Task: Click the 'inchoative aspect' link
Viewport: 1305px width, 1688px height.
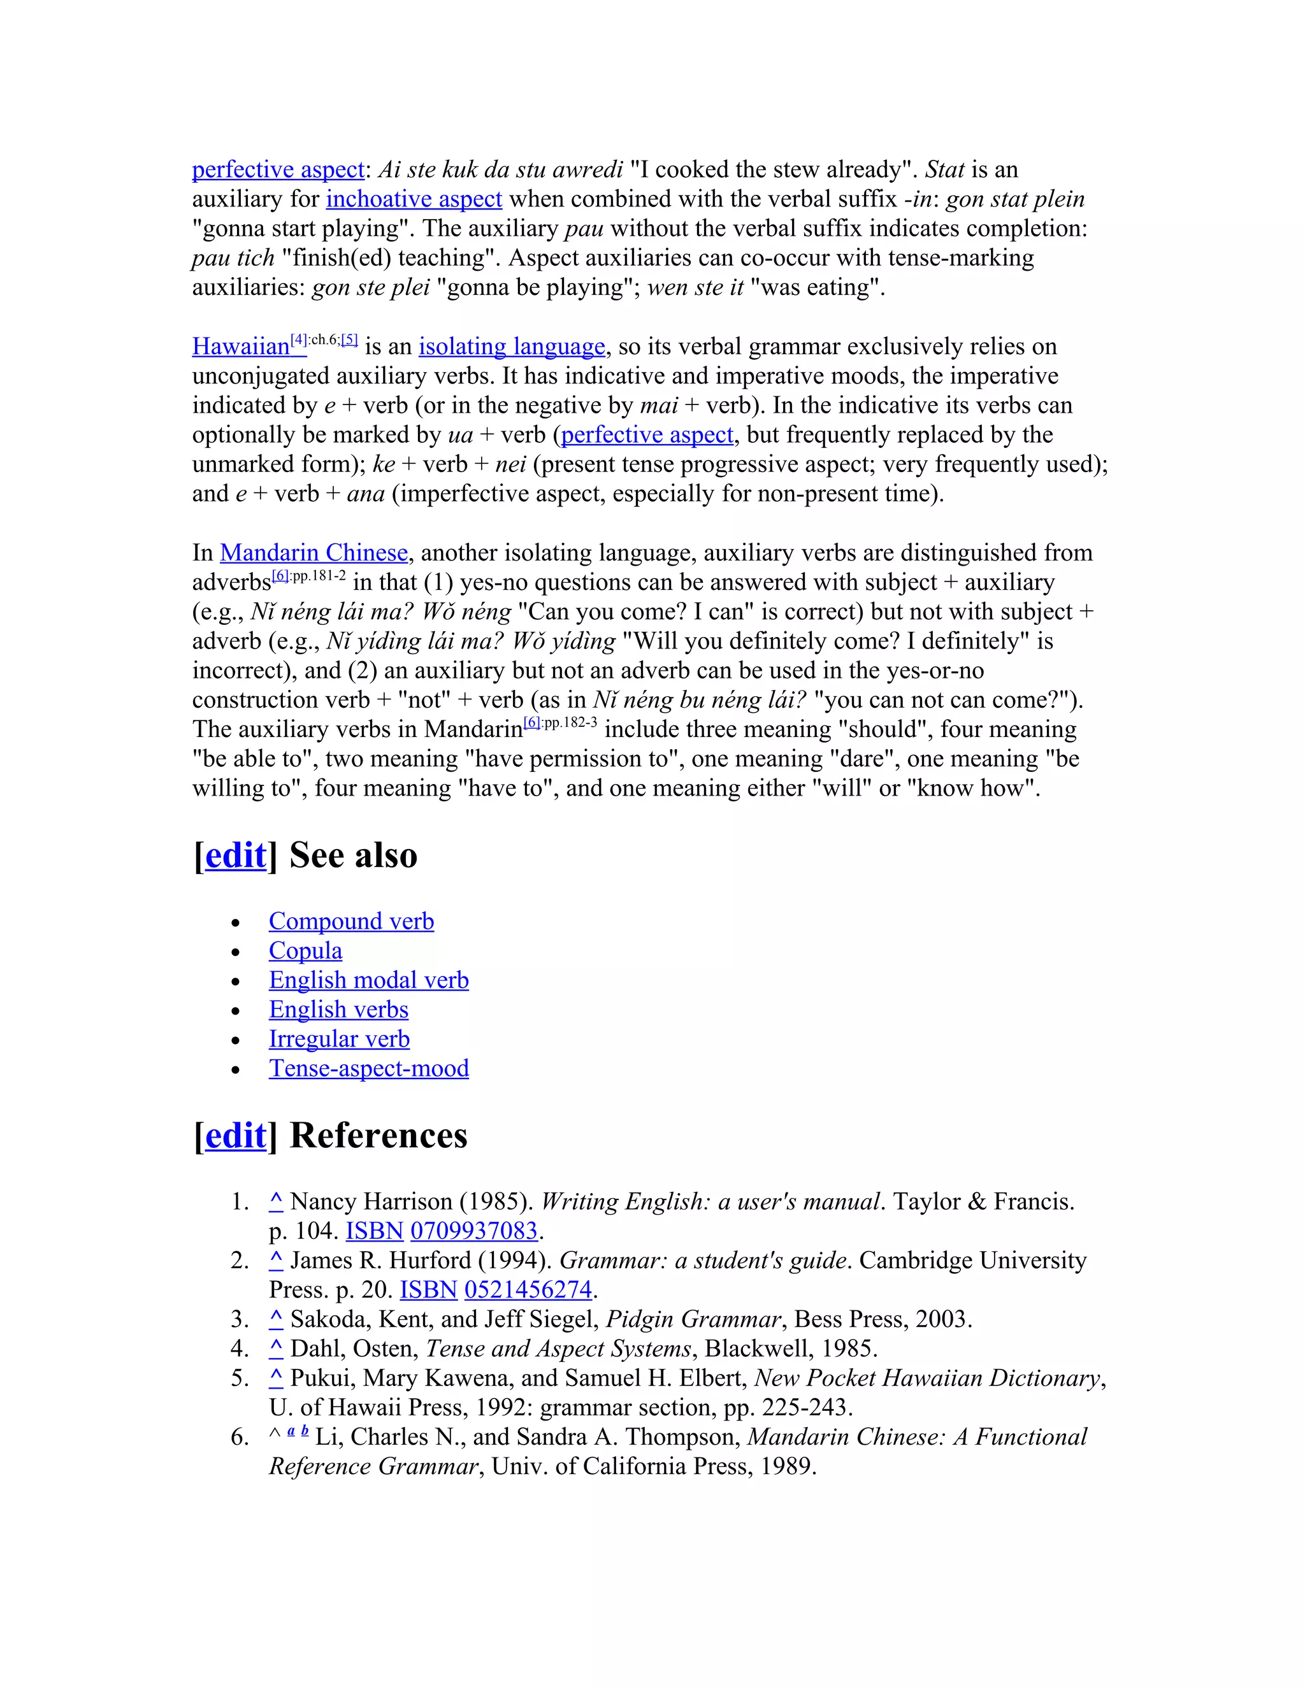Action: (414, 199)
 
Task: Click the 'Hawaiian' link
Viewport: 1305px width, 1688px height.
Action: (240, 347)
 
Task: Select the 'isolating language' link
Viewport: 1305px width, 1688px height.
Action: (511, 347)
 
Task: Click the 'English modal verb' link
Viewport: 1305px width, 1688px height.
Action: (368, 980)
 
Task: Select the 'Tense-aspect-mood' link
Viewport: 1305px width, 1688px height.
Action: (368, 1069)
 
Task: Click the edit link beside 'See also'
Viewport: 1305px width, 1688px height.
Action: (235, 855)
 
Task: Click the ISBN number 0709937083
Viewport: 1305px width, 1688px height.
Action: (473, 1231)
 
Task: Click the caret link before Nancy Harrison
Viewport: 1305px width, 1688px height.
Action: (276, 1202)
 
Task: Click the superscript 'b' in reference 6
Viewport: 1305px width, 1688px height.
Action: (305, 1431)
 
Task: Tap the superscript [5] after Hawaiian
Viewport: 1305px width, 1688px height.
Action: (349, 340)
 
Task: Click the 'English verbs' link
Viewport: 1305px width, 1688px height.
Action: (338, 1010)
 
